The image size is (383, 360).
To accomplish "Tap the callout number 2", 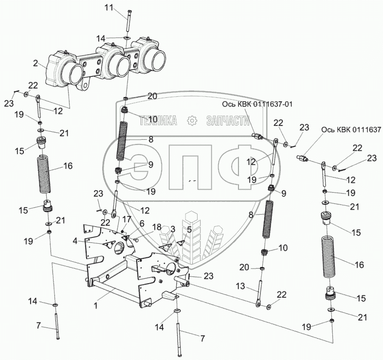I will (x=36, y=63).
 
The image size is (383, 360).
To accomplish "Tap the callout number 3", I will (x=172, y=229).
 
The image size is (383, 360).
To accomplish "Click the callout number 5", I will (x=189, y=229).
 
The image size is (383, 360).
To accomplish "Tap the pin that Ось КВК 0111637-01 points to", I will (x=256, y=136).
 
